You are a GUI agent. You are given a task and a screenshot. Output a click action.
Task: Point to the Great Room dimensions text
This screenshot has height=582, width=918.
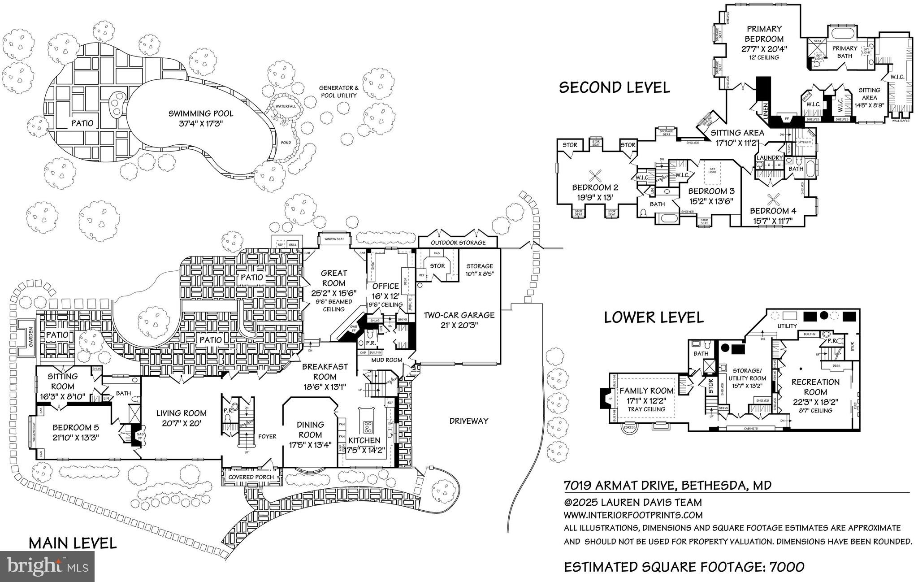pyautogui.click(x=333, y=293)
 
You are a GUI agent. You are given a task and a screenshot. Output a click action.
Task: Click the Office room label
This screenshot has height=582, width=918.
pyautogui.click(x=385, y=286)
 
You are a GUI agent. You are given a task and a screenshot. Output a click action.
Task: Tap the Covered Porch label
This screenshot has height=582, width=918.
pyautogui.click(x=251, y=477)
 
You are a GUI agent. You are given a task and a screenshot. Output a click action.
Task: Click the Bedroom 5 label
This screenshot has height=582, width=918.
pyautogui.click(x=75, y=427)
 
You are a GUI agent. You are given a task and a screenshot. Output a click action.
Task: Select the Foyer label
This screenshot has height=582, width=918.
pyautogui.click(x=267, y=436)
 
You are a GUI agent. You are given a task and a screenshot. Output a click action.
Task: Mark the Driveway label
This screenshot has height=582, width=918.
pyautogui.click(x=469, y=421)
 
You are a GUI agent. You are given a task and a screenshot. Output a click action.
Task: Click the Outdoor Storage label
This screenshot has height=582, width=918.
pyautogui.click(x=458, y=243)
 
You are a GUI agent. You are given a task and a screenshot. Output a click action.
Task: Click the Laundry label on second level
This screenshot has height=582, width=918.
pyautogui.click(x=769, y=158)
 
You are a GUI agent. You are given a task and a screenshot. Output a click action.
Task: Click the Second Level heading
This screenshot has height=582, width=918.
pyautogui.click(x=614, y=87)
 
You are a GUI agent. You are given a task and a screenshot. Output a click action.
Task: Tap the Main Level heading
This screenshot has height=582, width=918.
pyautogui.click(x=73, y=543)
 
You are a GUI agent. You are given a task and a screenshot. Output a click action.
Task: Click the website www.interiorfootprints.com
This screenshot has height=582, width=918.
pyautogui.click(x=633, y=515)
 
